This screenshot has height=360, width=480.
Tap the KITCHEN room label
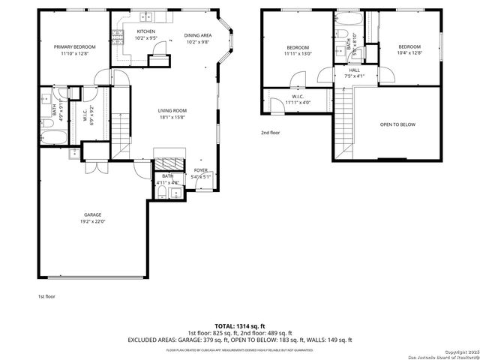point(145,31)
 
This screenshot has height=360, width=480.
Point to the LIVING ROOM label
point(172,111)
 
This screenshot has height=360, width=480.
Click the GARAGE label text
point(92,214)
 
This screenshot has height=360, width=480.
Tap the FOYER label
point(201,170)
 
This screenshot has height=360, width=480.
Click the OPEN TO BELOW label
point(397,124)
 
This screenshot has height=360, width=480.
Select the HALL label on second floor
point(354,70)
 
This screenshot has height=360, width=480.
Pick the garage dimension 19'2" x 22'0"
point(92,221)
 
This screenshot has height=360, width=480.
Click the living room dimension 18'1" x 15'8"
point(172,118)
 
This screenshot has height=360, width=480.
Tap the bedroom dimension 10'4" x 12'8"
point(409,53)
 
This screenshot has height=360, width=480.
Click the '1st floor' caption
point(46,296)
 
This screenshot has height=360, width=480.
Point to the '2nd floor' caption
point(270,133)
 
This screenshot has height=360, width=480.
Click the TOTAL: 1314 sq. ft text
point(239,326)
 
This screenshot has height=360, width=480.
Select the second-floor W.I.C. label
point(296,97)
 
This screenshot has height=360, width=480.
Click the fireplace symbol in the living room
point(168,165)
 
